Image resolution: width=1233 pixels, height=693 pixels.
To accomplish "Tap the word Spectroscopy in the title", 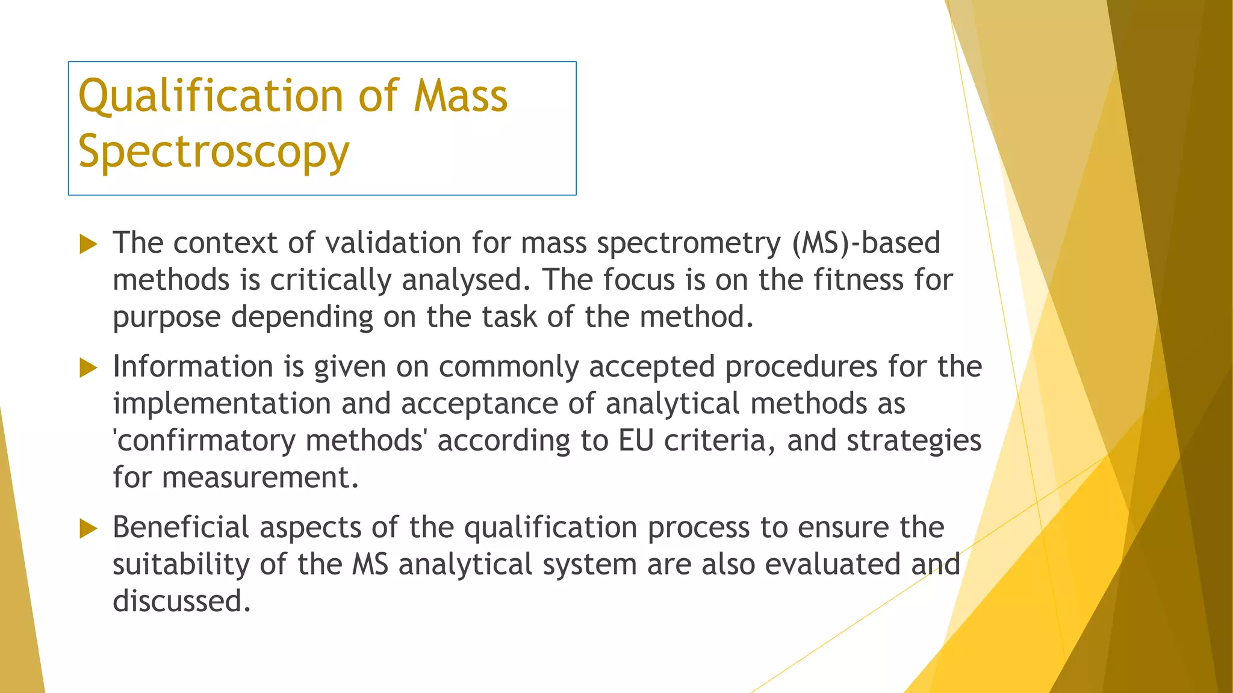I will click(x=214, y=152).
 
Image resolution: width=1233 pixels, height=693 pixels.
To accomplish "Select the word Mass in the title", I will click(x=461, y=96).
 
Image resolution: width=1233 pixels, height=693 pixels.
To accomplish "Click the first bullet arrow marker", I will click(x=88, y=244).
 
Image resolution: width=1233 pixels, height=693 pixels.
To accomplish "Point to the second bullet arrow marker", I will click(x=88, y=368).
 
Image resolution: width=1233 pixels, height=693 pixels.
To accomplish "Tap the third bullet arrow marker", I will click(x=88, y=529).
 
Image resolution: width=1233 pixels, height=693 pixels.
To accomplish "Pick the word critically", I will click(x=331, y=280).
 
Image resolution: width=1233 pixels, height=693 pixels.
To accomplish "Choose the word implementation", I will click(x=222, y=404).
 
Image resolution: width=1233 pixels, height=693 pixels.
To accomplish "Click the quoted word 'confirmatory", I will click(x=204, y=441).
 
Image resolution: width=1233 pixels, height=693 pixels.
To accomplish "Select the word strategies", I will click(x=914, y=441).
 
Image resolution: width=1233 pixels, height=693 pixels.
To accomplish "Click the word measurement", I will click(x=260, y=478).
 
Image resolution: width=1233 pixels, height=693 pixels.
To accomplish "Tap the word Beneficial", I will click(x=181, y=528).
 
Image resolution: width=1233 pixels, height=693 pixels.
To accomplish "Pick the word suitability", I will click(x=181, y=565).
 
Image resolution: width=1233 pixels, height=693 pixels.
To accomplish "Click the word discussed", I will click(x=181, y=601).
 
